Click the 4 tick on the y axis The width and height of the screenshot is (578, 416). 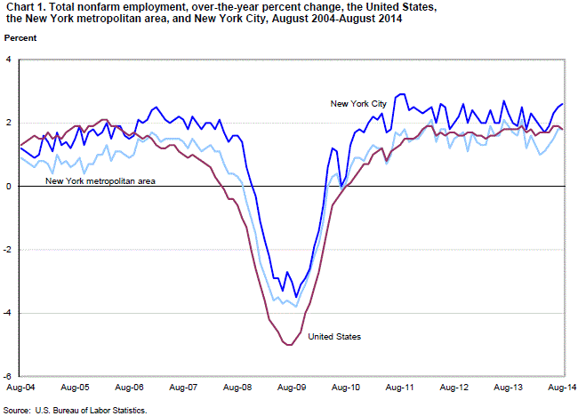(x=9, y=60)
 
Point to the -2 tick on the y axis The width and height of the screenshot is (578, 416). (x=8, y=250)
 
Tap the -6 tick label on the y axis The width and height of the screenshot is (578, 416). (x=8, y=376)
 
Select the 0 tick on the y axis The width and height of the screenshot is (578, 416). (x=9, y=187)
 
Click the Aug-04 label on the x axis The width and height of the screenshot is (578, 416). (x=20, y=388)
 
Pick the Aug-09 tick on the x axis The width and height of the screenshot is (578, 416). (x=293, y=388)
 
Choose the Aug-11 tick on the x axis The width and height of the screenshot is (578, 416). (x=401, y=388)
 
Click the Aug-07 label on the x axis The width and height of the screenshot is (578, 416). (x=183, y=388)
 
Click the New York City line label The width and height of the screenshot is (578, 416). (x=358, y=104)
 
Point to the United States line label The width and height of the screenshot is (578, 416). (x=334, y=336)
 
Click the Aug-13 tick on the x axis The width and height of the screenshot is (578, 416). (x=510, y=388)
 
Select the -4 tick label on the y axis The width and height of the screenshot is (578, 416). (x=8, y=313)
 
